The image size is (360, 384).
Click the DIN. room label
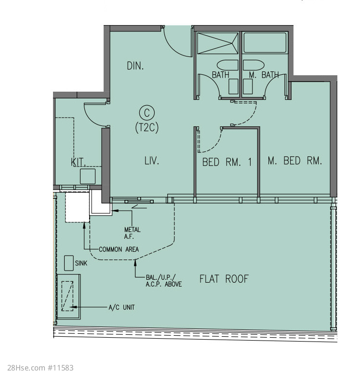pos(135,66)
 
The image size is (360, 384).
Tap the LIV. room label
pos(152,161)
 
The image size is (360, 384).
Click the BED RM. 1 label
pos(227,162)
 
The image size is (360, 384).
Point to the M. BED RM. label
pos(294,161)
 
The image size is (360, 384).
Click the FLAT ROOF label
pos(224,279)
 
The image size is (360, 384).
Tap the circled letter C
pos(147,113)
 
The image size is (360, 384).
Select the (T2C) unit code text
pos(147,127)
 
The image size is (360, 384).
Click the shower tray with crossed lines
pos(217,43)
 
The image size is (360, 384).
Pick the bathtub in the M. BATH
pos(265,42)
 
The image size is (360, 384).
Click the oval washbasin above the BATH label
pos(227,65)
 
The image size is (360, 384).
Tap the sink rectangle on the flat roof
pos(69,263)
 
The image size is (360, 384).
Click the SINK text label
pos(81,263)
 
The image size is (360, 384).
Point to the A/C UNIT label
pos(121,307)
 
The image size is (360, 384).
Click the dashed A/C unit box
pos(67,296)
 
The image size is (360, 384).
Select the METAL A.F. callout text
pos(132,233)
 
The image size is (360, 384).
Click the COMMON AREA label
pos(119,249)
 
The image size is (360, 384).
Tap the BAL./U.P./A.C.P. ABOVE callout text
pos(164,281)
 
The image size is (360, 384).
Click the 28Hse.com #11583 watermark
pos(40,368)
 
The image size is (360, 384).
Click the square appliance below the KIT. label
pos(88,176)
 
